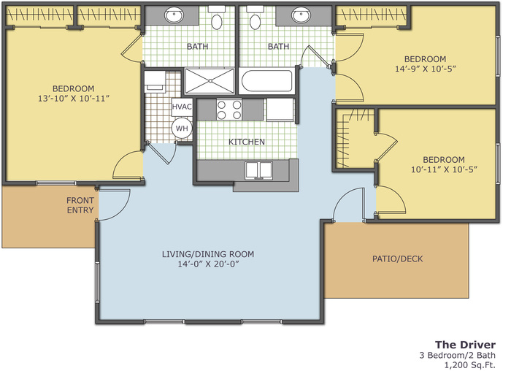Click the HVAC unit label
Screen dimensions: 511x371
(182, 107)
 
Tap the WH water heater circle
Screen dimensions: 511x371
(182, 128)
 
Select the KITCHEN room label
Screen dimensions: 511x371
(247, 142)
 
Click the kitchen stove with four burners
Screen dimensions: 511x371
(229, 110)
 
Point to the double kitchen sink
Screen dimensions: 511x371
(258, 170)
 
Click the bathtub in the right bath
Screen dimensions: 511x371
(267, 81)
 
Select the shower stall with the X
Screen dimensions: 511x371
(210, 81)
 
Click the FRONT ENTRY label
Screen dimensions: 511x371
(80, 205)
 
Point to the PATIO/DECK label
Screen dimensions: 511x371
(398, 259)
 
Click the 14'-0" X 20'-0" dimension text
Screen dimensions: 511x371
(208, 264)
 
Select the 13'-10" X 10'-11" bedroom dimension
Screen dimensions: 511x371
(73, 99)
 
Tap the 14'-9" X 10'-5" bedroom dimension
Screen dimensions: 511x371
(426, 69)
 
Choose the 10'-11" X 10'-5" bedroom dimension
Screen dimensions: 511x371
(444, 169)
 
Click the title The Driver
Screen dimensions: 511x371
(466, 345)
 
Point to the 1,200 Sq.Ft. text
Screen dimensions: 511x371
(470, 365)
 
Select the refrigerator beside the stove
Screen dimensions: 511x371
(280, 110)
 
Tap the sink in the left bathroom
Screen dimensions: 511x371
(174, 15)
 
